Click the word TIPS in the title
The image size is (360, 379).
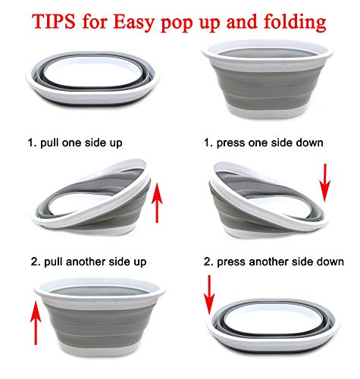[x=54, y=21]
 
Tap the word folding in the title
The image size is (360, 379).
[x=295, y=23]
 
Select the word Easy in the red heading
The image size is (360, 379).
[x=134, y=23]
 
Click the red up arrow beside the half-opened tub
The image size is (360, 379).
[x=157, y=203]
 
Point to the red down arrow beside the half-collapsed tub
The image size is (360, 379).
[x=325, y=183]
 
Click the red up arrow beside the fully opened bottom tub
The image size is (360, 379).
[x=36, y=323]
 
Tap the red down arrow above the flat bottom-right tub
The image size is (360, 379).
[x=209, y=295]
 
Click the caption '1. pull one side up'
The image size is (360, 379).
[x=75, y=143]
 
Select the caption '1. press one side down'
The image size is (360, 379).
[x=264, y=143]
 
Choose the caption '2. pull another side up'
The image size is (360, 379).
[x=89, y=262]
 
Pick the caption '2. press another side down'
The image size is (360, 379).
[x=274, y=262]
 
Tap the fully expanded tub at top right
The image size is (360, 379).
[x=268, y=79]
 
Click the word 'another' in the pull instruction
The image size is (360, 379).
[x=85, y=262]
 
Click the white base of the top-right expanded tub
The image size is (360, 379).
[x=268, y=112]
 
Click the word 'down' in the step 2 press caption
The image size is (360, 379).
[x=330, y=262]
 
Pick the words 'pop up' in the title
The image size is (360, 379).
[x=192, y=23]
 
